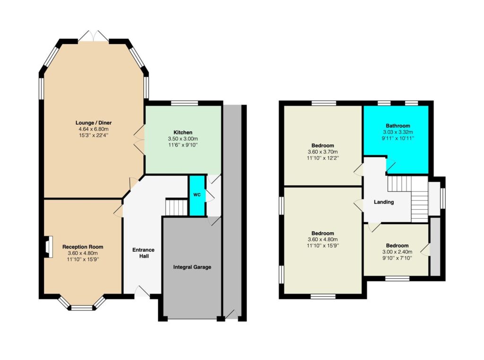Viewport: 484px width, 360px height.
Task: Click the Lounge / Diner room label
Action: (x=94, y=123)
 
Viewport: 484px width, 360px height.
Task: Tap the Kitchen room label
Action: (x=183, y=132)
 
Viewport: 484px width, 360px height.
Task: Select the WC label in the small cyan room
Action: (x=197, y=195)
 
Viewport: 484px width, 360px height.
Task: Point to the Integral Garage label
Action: (x=192, y=267)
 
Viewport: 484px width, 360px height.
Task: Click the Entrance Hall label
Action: (x=143, y=253)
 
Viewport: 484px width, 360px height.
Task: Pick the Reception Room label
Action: (x=83, y=247)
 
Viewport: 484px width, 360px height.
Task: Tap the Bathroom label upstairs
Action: (x=398, y=126)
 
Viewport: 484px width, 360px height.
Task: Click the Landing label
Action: (x=384, y=202)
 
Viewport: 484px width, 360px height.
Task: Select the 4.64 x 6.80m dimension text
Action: (x=94, y=129)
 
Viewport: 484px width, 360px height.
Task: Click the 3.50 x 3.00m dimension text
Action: (x=183, y=139)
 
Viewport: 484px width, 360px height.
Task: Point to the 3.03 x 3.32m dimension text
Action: (x=398, y=132)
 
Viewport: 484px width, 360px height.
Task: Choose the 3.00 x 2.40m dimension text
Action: (x=397, y=252)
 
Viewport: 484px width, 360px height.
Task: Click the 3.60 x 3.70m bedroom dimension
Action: (x=322, y=152)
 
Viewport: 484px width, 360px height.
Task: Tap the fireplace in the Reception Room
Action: (x=48, y=247)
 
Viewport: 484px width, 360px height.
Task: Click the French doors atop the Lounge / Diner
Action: (x=93, y=36)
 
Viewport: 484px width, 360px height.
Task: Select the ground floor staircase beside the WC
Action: (x=177, y=207)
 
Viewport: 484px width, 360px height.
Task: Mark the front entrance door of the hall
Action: (x=142, y=291)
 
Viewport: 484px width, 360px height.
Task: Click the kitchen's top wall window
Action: (x=185, y=103)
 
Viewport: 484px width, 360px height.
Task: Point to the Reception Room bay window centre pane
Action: (x=82, y=308)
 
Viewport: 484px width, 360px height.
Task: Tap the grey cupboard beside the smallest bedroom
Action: (x=435, y=247)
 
